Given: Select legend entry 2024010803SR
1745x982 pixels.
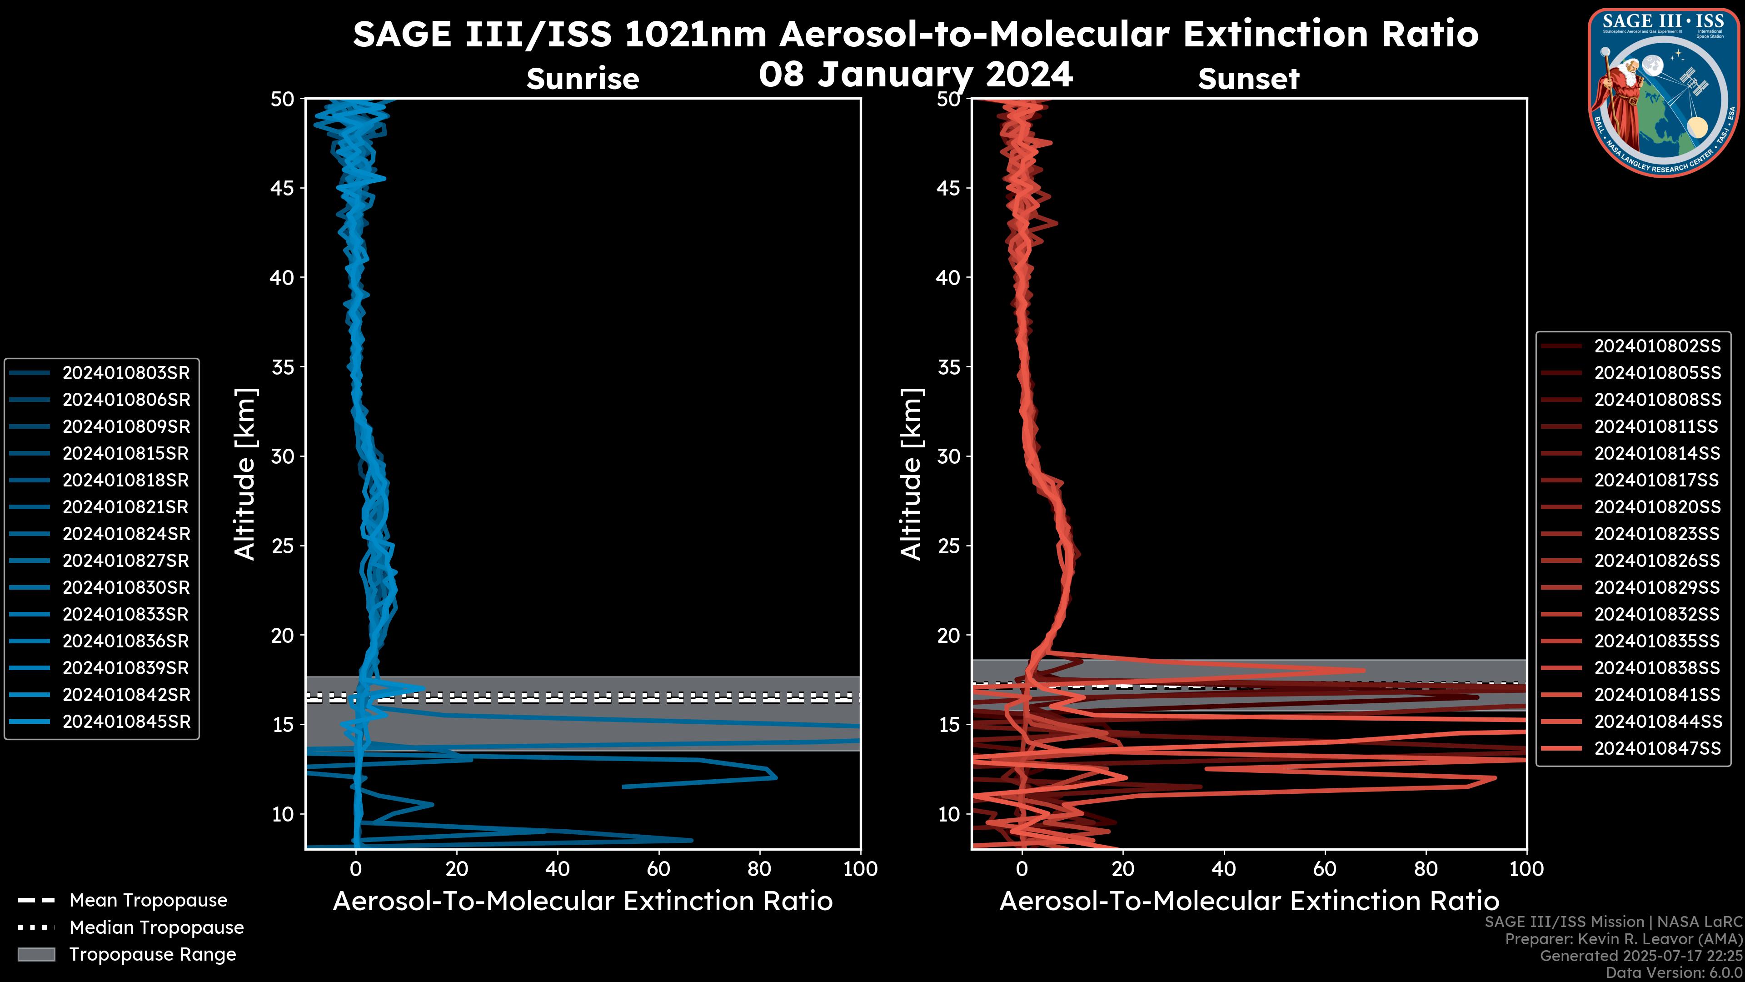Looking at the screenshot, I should pos(126,373).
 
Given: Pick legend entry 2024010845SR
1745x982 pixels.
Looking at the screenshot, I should pos(126,722).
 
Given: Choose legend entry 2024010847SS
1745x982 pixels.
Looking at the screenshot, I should pos(1657,748).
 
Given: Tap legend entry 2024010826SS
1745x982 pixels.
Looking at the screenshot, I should pos(1657,561).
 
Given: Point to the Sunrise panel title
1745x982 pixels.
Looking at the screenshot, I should pos(583,79).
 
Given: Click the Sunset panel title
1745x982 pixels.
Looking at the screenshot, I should pos(1248,79).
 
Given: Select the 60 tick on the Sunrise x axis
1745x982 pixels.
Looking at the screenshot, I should pos(658,869).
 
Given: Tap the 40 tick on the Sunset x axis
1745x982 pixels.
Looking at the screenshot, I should pos(1223,869).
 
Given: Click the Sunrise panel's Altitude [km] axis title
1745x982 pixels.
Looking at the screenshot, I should pos(245,474).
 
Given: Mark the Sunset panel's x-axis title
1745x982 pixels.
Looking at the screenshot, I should pos(1248,902).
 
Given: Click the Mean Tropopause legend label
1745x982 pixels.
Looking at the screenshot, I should pos(148,901).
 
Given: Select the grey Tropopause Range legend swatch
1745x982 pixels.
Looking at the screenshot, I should pos(36,954).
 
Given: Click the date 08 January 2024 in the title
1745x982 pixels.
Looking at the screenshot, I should pos(915,75).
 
